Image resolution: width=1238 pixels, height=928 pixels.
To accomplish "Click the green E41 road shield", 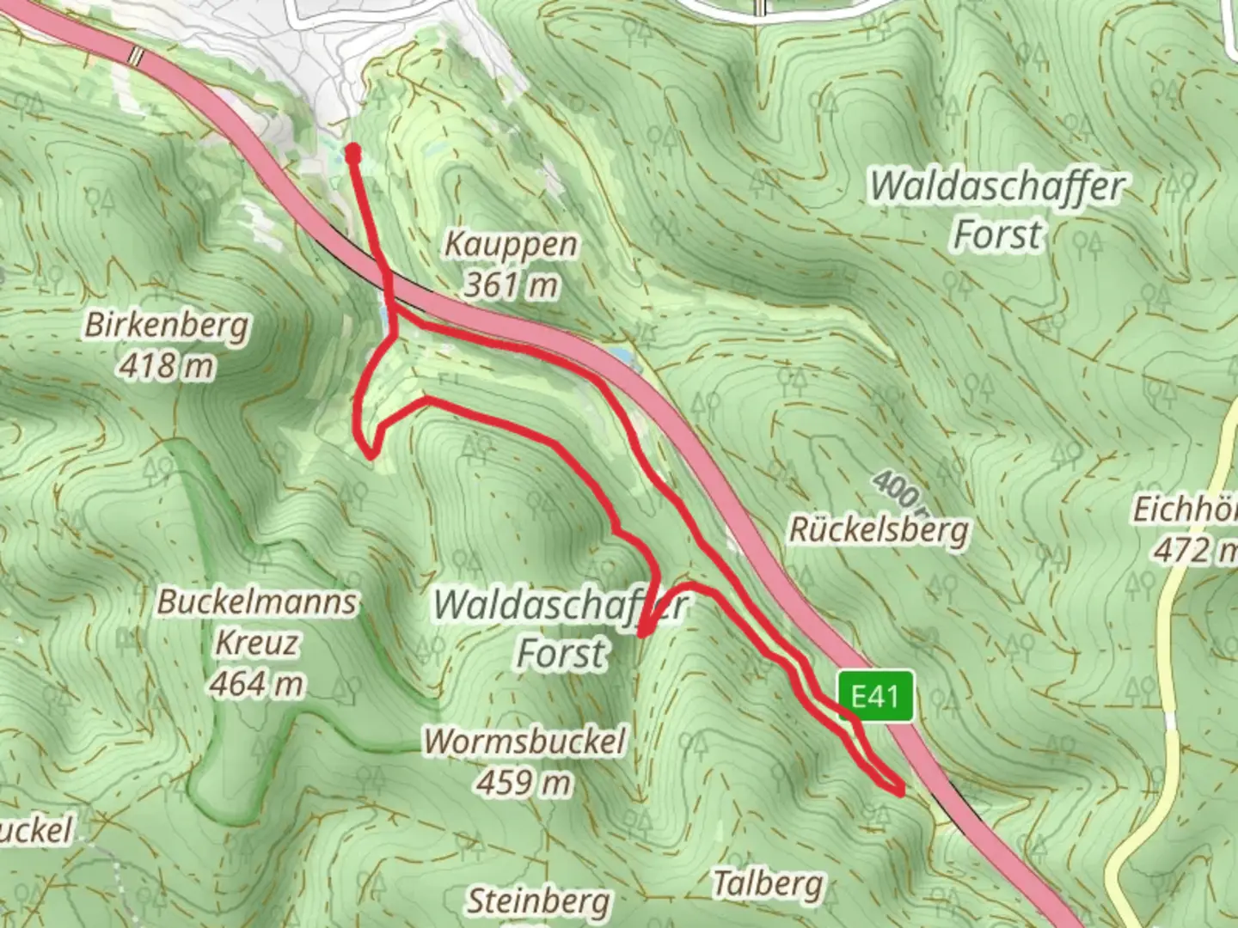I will (875, 695).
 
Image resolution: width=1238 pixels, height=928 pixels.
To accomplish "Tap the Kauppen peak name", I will (511, 244).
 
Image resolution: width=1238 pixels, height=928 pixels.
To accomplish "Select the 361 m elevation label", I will (511, 284).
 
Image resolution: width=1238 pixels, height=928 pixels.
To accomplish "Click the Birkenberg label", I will (167, 325).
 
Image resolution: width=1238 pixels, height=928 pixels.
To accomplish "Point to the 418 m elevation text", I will (166, 366).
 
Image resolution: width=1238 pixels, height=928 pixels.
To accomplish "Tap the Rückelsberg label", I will (879, 530).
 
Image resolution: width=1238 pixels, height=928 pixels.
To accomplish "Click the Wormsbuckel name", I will (524, 741).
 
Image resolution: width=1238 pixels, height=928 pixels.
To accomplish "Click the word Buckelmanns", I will (256, 601).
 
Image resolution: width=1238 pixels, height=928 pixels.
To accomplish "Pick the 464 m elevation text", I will (256, 684).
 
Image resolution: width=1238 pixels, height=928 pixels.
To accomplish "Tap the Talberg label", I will (768, 883).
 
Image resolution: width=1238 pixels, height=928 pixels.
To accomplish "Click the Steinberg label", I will (539, 901).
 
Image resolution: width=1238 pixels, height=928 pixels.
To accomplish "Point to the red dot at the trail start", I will (352, 153).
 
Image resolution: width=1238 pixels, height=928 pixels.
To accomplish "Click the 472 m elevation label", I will (1193, 550).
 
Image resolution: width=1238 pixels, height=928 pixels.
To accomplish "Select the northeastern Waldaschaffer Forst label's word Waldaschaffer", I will (996, 187).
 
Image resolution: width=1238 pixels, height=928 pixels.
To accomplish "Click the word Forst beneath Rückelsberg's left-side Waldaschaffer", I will (561, 653).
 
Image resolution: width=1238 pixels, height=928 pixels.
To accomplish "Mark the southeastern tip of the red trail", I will (900, 791).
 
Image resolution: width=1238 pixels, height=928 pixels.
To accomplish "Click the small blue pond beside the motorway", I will (620, 354).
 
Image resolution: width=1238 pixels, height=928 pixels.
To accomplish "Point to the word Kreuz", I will (256, 643).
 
